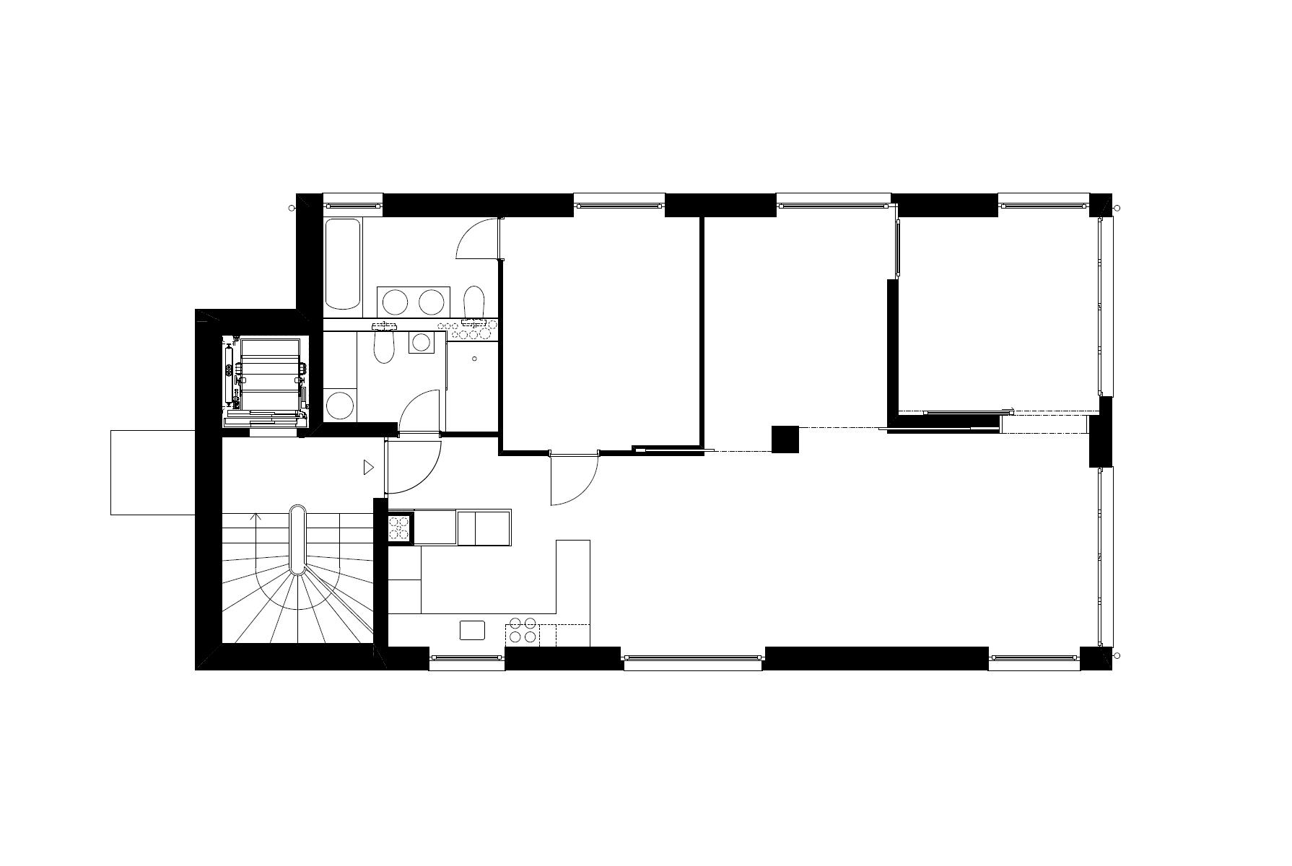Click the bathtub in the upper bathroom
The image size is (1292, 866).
pos(343,265)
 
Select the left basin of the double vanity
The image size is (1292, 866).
pos(395,301)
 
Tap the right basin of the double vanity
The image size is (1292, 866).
pos(432,301)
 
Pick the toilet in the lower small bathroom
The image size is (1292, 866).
pos(384,347)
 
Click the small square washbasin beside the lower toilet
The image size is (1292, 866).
pos(420,342)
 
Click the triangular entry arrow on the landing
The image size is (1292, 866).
pos(368,468)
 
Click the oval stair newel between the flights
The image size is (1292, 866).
pos(298,540)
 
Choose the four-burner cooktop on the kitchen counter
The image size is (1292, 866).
pos(521,630)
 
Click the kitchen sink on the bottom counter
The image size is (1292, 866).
pos(473,630)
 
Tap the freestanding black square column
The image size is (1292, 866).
pos(785,439)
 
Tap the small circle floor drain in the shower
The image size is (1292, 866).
pos(474,359)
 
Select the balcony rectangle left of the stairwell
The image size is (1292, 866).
pos(152,472)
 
